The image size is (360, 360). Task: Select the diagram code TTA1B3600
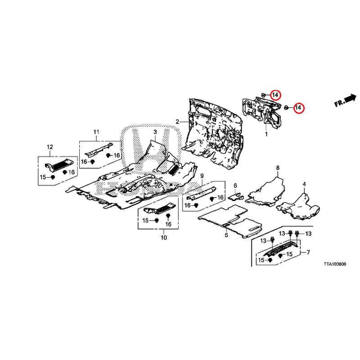334,265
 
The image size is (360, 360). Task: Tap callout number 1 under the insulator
266,134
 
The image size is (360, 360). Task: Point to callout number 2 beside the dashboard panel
178,121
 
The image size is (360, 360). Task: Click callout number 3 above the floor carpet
154,131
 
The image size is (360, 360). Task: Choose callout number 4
304,184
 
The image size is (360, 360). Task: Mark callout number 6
278,168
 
